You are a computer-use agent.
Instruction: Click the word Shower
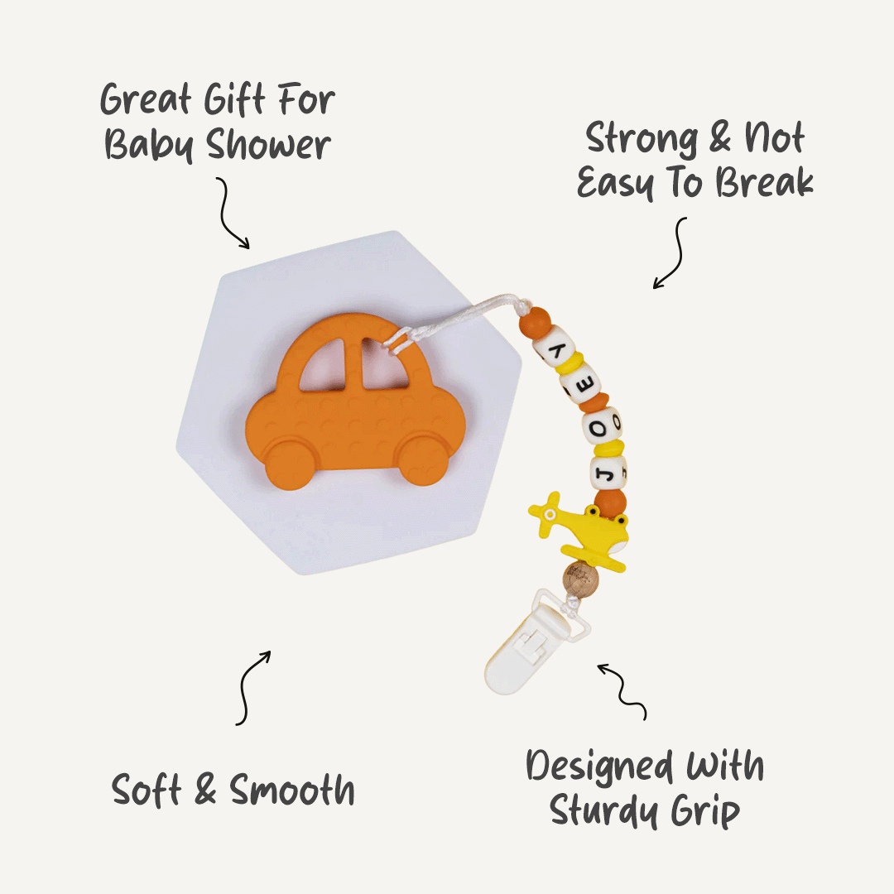269,145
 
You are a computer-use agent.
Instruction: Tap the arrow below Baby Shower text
233,213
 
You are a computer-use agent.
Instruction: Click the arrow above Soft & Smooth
252,687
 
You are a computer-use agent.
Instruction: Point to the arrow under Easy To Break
671,252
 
